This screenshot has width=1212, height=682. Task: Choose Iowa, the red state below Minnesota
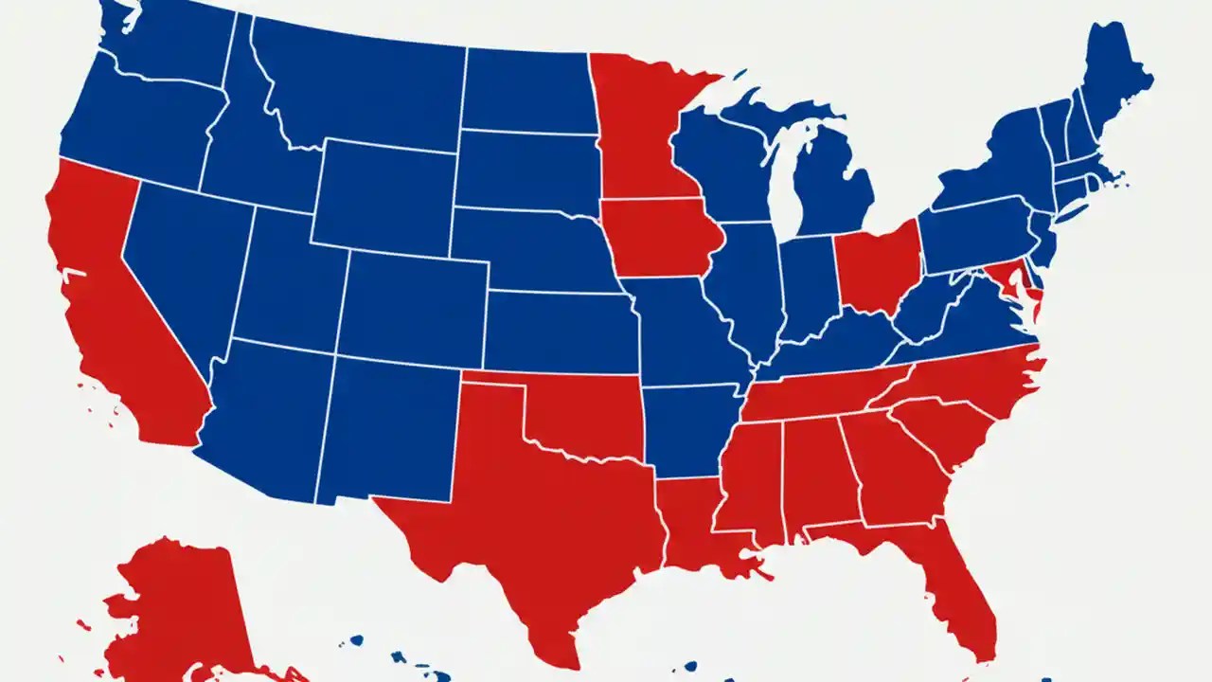pos(658,237)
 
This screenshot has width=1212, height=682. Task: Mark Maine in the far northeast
pos(1117,76)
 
